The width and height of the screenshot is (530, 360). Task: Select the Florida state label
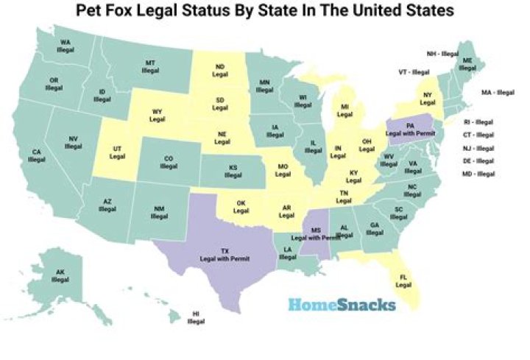(403, 280)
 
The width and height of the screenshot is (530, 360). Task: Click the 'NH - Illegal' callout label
(442, 54)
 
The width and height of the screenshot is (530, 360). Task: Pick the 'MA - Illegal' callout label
(498, 93)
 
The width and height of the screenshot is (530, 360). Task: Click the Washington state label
(66, 46)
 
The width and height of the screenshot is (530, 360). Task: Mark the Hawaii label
(196, 317)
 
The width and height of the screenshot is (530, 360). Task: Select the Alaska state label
(60, 276)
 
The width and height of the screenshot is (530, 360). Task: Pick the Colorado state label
(169, 161)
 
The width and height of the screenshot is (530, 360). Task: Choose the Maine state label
(467, 64)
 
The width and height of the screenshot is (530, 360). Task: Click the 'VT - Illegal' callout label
(414, 72)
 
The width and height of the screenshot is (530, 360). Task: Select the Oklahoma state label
(241, 206)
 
